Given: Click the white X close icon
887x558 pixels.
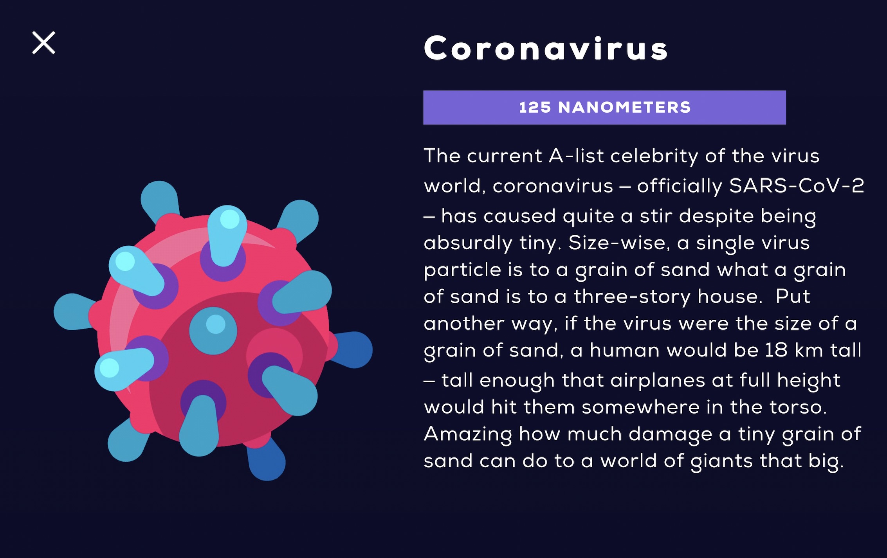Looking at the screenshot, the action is pyautogui.click(x=43, y=43).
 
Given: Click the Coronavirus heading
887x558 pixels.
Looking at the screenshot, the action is pyautogui.click(x=546, y=48).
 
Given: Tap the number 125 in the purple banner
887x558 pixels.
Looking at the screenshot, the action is pyautogui.click(x=535, y=108).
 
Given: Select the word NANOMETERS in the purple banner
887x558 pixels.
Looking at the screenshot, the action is pyautogui.click(x=624, y=108).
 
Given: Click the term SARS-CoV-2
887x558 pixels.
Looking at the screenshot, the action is pyautogui.click(x=797, y=185).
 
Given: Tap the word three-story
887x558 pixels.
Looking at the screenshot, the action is pyautogui.click(x=632, y=297).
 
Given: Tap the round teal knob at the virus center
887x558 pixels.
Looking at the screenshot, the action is pyautogui.click(x=213, y=331).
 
